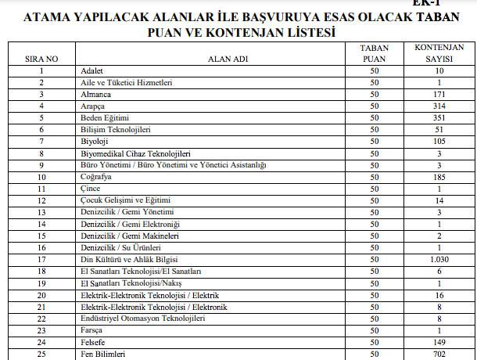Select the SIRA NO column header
coord(41,57)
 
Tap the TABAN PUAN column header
coord(374,52)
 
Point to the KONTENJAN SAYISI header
coord(439,52)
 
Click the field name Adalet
coord(92,71)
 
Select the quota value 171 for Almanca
coord(439,95)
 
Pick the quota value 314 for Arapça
coord(439,106)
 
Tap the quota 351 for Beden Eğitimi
coord(439,117)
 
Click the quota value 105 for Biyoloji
coord(439,141)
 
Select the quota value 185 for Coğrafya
coord(439,177)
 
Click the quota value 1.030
coord(439,259)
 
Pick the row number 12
coord(41,200)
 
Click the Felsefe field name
coord(94,341)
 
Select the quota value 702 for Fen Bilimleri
coord(439,354)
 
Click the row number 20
coord(41,294)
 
